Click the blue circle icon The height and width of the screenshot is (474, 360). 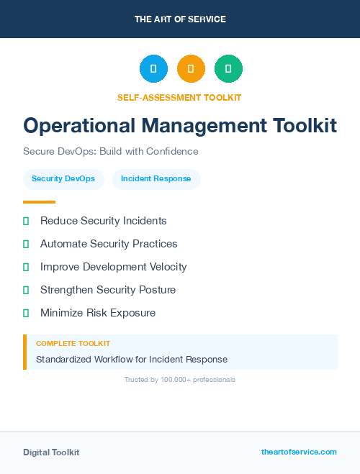153,69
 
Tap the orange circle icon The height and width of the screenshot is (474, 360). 191,69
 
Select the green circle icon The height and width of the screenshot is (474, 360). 228,69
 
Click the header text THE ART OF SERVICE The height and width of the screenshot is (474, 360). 180,19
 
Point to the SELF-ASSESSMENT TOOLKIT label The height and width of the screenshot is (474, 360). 179,97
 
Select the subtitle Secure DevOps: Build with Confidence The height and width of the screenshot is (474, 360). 110,152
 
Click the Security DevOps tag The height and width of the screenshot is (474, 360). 63,179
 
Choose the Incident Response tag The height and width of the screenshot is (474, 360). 156,179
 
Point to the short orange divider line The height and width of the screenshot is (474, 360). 39,202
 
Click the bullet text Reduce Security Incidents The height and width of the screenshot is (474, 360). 104,221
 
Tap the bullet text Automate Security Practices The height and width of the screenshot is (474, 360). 109,244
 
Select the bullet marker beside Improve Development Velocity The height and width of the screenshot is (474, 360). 26,267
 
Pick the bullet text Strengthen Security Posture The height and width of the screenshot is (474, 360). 108,290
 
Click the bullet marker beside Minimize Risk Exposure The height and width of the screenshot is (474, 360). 26,313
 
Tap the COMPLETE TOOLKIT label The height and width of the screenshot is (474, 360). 73,344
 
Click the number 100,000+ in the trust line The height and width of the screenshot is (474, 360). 175,379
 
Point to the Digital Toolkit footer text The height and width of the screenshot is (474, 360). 51,452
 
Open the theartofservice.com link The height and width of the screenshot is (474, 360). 299,452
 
